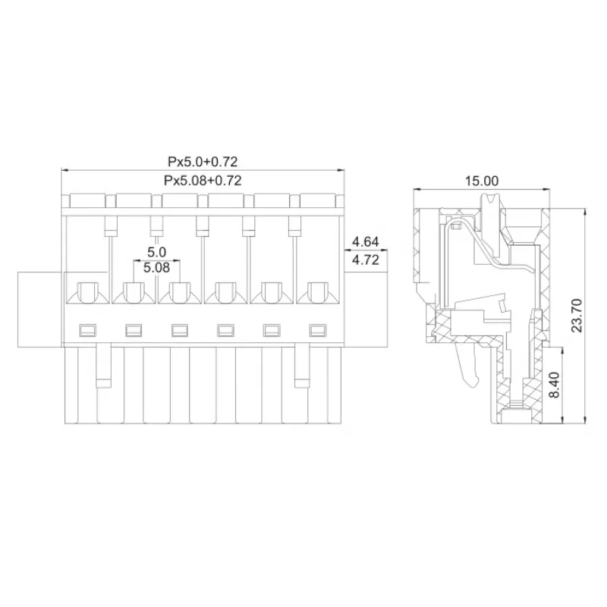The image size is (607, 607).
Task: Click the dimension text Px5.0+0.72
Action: [x=203, y=162]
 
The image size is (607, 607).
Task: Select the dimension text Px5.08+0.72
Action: [x=203, y=181]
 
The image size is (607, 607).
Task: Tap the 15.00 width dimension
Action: [x=482, y=181]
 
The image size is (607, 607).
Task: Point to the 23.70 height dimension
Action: [x=577, y=315]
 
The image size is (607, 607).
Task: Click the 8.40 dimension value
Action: [x=555, y=385]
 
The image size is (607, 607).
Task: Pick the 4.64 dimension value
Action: [x=366, y=241]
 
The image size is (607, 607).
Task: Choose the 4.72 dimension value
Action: [x=366, y=259]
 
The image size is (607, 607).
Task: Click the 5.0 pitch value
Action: [x=156, y=252]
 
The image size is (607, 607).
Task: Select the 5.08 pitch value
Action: [x=156, y=268]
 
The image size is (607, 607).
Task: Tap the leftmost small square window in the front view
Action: [x=87, y=330]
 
